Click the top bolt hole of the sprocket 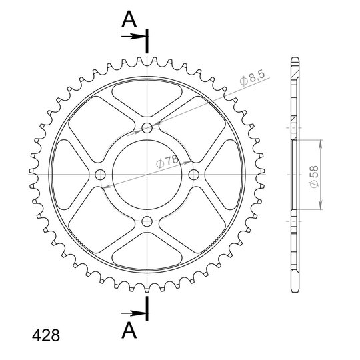click(147, 128)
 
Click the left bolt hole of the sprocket click(100, 175)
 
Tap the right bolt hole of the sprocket click(194, 175)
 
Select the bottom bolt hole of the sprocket click(147, 221)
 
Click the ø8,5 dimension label click(253, 78)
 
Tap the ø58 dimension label click(314, 176)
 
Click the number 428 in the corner click(46, 335)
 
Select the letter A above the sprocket click(129, 19)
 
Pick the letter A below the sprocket click(129, 331)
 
